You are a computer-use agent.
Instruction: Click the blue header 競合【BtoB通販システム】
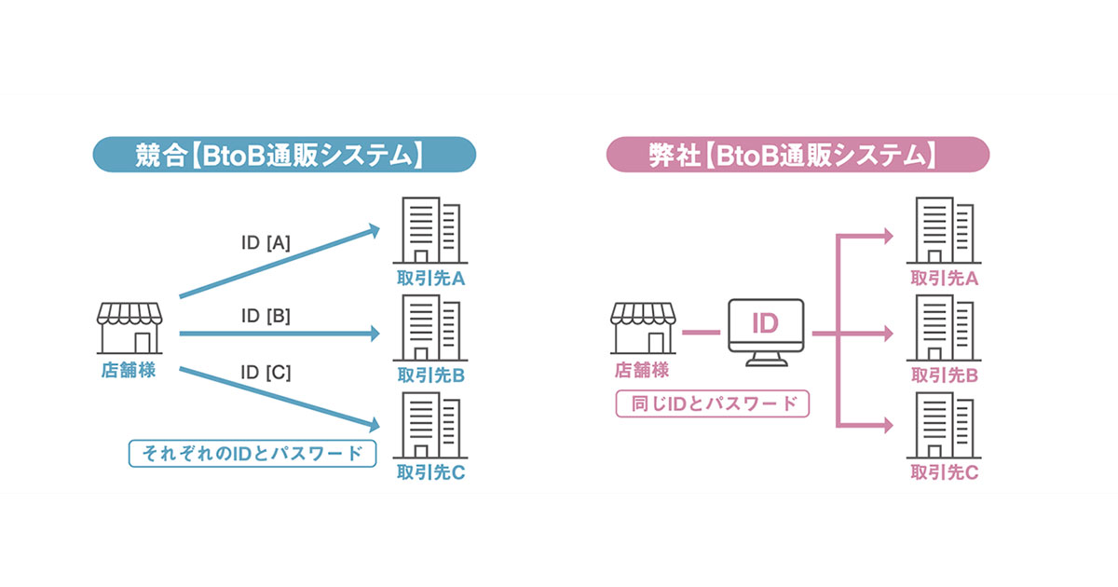click(x=284, y=155)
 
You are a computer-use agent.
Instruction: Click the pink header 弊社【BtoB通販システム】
click(x=798, y=155)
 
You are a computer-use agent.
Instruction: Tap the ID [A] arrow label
click(x=266, y=243)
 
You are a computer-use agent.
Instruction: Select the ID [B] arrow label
click(x=266, y=316)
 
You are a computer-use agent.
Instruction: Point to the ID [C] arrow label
click(x=266, y=373)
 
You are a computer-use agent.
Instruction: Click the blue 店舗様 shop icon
click(x=130, y=328)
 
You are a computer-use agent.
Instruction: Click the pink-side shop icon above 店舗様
click(x=643, y=328)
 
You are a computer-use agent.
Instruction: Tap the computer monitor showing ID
click(x=766, y=332)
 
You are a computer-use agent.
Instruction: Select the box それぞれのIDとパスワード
click(x=252, y=453)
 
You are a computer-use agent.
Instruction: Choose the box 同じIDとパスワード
click(x=713, y=403)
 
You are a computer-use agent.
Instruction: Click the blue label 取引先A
click(x=430, y=278)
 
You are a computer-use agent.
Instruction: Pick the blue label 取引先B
click(x=430, y=375)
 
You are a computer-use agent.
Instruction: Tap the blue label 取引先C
click(x=430, y=472)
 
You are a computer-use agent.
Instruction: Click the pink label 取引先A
click(x=945, y=278)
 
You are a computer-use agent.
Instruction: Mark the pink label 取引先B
click(x=945, y=375)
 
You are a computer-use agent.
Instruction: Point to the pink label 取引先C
click(x=945, y=472)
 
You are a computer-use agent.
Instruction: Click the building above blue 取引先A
click(x=430, y=230)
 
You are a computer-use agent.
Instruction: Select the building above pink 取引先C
click(x=944, y=425)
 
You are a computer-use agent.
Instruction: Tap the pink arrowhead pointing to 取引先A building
click(x=889, y=236)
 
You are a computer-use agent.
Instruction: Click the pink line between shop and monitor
click(x=702, y=333)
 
